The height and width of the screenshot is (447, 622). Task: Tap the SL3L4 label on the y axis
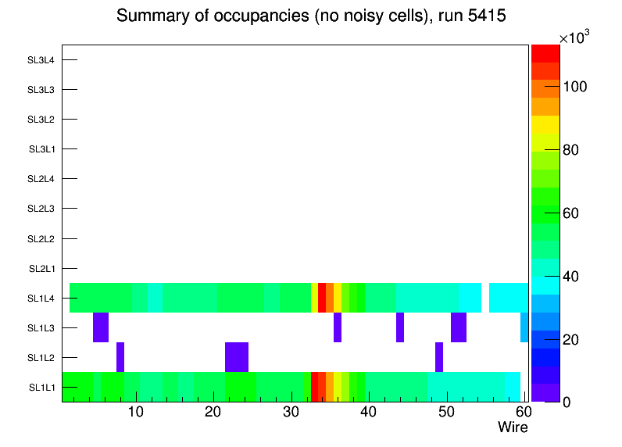(41, 59)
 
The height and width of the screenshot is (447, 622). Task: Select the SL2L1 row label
(41, 268)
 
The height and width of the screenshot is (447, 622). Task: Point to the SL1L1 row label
(41, 388)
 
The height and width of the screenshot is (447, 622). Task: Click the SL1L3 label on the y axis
(41, 327)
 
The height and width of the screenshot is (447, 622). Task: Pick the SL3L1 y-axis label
(41, 149)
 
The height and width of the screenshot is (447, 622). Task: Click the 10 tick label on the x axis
(136, 413)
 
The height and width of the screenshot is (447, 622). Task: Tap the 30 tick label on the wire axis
(291, 413)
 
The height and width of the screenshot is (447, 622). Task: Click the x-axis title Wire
(513, 427)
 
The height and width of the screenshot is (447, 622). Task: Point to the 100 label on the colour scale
(579, 86)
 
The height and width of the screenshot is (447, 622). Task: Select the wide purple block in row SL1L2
(237, 357)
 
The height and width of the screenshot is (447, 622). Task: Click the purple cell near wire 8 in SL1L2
(120, 357)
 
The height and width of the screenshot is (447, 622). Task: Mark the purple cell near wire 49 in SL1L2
(439, 357)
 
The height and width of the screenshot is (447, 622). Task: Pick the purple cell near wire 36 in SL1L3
(338, 327)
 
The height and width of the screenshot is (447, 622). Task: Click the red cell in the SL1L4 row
(322, 298)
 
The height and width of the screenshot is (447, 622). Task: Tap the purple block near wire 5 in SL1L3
(101, 327)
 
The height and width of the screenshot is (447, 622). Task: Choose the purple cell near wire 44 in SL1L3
(400, 327)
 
